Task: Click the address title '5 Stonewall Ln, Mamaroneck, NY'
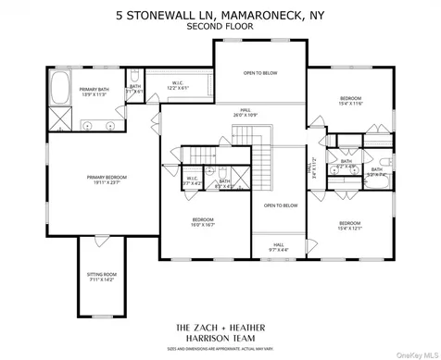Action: click(220, 15)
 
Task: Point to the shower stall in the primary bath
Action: click(58, 118)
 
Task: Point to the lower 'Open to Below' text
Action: click(280, 205)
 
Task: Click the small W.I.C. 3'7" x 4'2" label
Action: click(194, 180)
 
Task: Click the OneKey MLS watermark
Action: click(414, 351)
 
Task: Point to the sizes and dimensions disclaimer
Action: click(220, 349)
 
